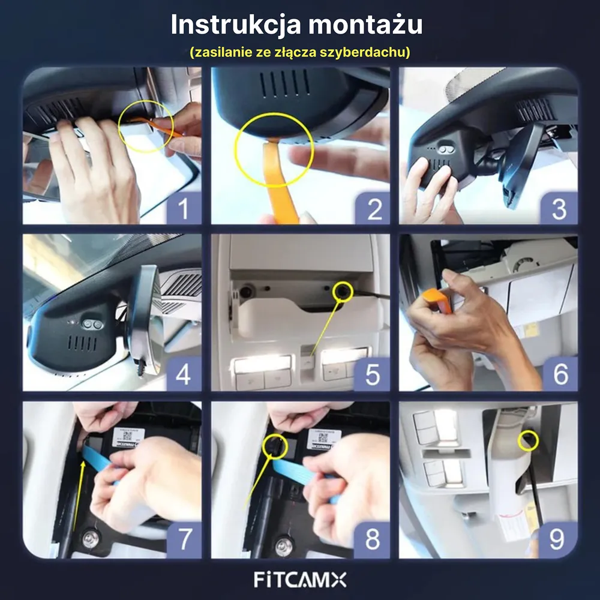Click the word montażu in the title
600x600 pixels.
click(367, 26)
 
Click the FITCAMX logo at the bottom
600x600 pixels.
click(300, 580)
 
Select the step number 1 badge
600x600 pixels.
click(182, 209)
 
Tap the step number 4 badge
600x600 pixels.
click(182, 375)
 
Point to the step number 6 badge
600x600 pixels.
click(559, 375)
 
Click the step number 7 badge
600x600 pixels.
click(182, 540)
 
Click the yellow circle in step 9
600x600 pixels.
click(528, 441)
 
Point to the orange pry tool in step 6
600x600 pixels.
click(434, 298)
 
